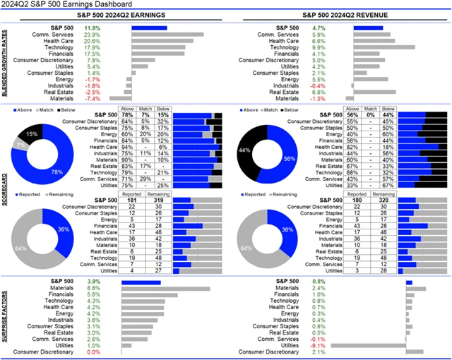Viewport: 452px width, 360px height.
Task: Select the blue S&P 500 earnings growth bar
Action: point(149,28)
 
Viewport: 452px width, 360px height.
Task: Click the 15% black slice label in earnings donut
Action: point(32,133)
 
